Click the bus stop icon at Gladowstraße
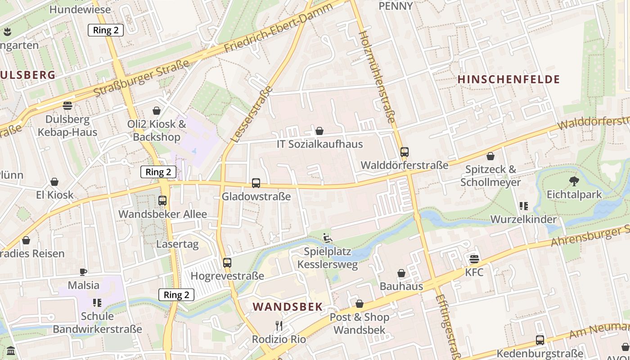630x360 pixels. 256,183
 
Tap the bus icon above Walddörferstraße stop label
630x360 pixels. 405,152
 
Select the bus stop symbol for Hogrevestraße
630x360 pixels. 227,262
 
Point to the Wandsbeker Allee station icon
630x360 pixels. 162,201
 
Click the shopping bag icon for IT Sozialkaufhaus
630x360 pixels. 319,131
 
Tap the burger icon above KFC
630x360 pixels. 474,259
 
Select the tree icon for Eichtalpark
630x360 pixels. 574,181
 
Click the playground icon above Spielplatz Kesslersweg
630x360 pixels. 327,238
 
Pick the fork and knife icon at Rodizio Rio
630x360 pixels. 279,325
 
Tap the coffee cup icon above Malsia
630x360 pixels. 83,272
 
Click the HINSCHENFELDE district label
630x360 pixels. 508,80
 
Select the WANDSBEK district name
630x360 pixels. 288,307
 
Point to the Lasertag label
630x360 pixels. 177,244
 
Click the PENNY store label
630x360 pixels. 396,6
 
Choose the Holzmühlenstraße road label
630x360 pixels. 377,76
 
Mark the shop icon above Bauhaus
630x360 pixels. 401,273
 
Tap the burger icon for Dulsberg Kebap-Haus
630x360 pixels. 67,106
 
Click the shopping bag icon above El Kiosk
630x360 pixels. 54,182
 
